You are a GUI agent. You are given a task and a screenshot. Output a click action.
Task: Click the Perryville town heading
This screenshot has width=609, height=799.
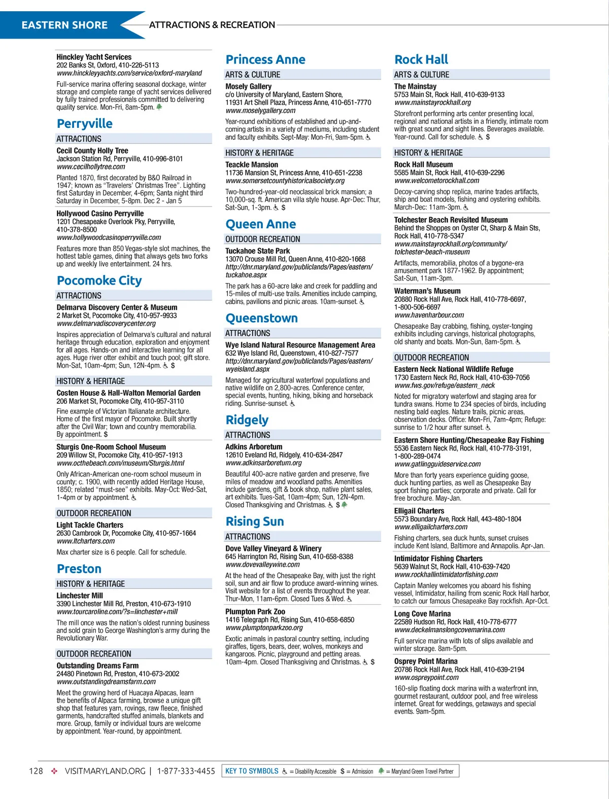point(85,124)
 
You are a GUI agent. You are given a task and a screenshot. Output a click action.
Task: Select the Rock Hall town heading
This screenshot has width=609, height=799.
point(421,60)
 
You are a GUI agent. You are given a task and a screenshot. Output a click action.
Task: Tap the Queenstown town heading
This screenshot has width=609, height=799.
point(261,319)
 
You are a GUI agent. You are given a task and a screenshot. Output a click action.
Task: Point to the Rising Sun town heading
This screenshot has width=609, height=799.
point(254,522)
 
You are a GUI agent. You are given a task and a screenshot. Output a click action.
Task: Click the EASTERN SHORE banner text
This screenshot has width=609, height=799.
point(64,25)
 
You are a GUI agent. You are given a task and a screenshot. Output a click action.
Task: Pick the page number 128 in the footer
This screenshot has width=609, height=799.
point(36,771)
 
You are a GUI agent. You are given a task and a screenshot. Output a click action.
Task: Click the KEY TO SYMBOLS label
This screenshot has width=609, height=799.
point(252,771)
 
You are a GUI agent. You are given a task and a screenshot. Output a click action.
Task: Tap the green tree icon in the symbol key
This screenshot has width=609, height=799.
point(381,771)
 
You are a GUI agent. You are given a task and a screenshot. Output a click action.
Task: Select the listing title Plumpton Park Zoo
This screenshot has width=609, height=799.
point(255,612)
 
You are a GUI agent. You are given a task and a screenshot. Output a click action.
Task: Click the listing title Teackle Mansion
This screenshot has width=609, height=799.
point(252,165)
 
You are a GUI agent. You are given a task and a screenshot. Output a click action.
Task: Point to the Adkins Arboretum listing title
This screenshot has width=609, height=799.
point(254,447)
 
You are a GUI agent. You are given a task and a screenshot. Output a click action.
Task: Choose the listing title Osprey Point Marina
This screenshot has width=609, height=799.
point(426,662)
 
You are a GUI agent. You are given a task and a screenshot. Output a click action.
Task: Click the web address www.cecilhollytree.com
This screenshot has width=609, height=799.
point(91,166)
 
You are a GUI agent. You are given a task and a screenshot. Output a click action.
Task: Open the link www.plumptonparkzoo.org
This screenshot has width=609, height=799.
point(264,628)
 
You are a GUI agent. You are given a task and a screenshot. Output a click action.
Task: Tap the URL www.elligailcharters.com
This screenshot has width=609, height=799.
point(431,527)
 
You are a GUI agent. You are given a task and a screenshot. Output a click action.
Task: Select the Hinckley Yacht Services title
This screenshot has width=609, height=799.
point(94,57)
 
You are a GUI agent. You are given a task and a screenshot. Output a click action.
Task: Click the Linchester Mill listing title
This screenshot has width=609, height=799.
point(80,596)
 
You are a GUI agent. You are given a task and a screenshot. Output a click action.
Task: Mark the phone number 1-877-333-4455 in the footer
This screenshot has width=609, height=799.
point(186,771)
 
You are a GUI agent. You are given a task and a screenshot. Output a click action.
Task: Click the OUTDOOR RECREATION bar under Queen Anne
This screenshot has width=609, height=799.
point(263,239)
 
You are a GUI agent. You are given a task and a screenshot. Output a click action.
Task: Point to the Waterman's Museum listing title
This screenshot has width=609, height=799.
point(427,291)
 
